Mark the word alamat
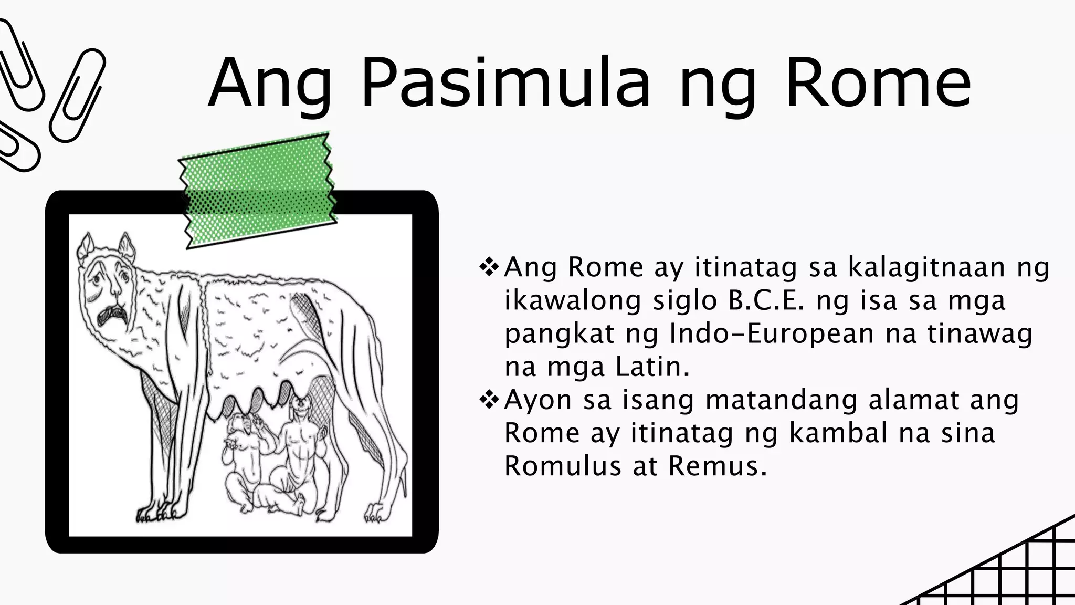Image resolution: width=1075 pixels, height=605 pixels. (914, 400)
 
